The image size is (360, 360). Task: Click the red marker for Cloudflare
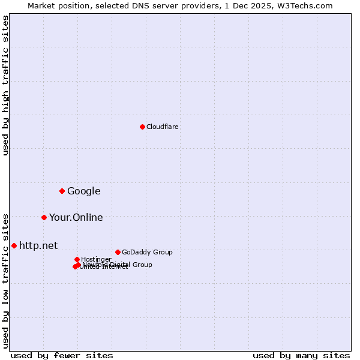[x=142, y=127]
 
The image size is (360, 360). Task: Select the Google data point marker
[x=62, y=191]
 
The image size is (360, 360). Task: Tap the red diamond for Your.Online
[x=44, y=217]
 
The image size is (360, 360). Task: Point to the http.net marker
[x=14, y=245]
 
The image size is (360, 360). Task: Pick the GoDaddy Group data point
[x=118, y=252]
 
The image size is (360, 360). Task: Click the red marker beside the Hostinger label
[x=77, y=259]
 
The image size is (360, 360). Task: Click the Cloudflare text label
[x=163, y=127]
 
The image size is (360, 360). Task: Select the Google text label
[x=84, y=191]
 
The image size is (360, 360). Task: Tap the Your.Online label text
[x=76, y=218]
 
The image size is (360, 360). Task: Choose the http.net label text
[x=38, y=245]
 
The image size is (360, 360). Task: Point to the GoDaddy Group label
[x=147, y=252]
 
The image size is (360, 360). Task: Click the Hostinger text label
[x=96, y=259]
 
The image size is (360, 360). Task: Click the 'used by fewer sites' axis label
[x=62, y=355]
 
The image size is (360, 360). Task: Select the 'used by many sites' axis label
[x=301, y=355]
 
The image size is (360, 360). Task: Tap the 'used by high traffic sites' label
[x=6, y=85]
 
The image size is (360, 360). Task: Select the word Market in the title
[x=41, y=5]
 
